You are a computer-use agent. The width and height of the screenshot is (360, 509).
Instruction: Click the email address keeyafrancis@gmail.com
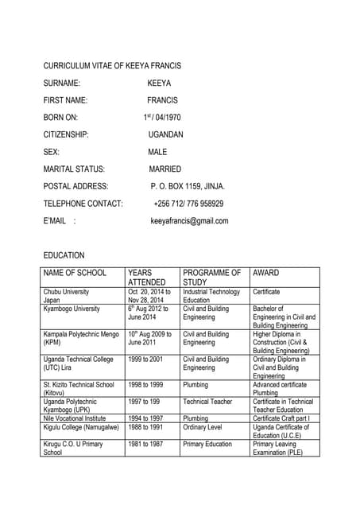pos(189,221)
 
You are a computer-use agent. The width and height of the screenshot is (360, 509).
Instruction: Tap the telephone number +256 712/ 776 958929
pos(188,204)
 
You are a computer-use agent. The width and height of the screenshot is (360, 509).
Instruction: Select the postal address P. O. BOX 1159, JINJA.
pos(188,186)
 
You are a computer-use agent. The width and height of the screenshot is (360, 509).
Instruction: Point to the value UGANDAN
pos(165,134)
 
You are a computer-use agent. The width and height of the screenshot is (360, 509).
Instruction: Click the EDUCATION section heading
pos(64,255)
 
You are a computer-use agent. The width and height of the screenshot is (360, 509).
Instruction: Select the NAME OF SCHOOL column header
pos(74,273)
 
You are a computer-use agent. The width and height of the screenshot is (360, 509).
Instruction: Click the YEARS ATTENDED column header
pos(147,278)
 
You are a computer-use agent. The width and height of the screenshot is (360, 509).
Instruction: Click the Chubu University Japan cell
pos(66,296)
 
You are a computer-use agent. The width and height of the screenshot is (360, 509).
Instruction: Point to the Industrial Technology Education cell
pos(211,296)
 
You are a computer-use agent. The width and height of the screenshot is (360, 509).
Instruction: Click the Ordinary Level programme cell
pos(206,427)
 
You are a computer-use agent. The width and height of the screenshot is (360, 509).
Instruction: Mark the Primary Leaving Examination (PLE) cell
pos(274,448)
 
